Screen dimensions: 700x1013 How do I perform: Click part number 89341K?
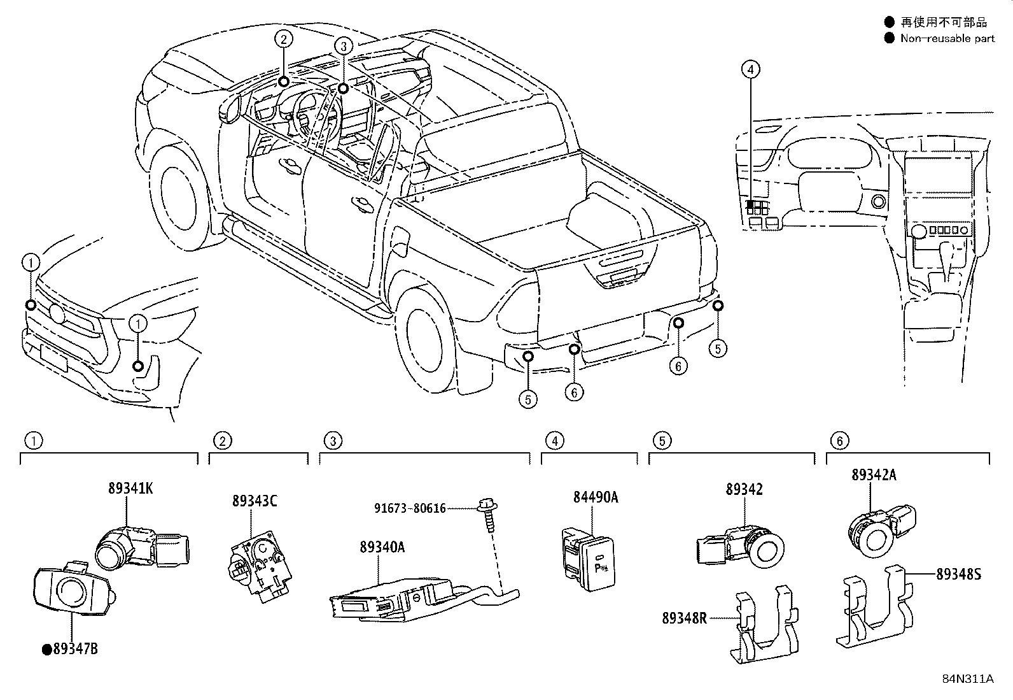tap(130, 489)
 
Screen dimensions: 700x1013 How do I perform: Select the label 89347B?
tap(75, 649)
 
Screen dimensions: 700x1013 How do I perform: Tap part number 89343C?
tap(255, 501)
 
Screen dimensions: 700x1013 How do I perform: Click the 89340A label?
tap(382, 546)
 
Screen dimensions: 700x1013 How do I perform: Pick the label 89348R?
tap(684, 618)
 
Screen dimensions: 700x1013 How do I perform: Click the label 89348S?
tap(958, 574)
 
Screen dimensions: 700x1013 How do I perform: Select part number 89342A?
tap(874, 475)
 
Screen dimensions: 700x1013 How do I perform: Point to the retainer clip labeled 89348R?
tap(764, 627)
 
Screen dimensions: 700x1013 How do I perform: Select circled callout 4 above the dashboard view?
tap(750, 69)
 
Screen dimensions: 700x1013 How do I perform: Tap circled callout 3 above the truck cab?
tap(343, 46)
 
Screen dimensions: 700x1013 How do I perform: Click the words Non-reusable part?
tap(947, 38)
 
